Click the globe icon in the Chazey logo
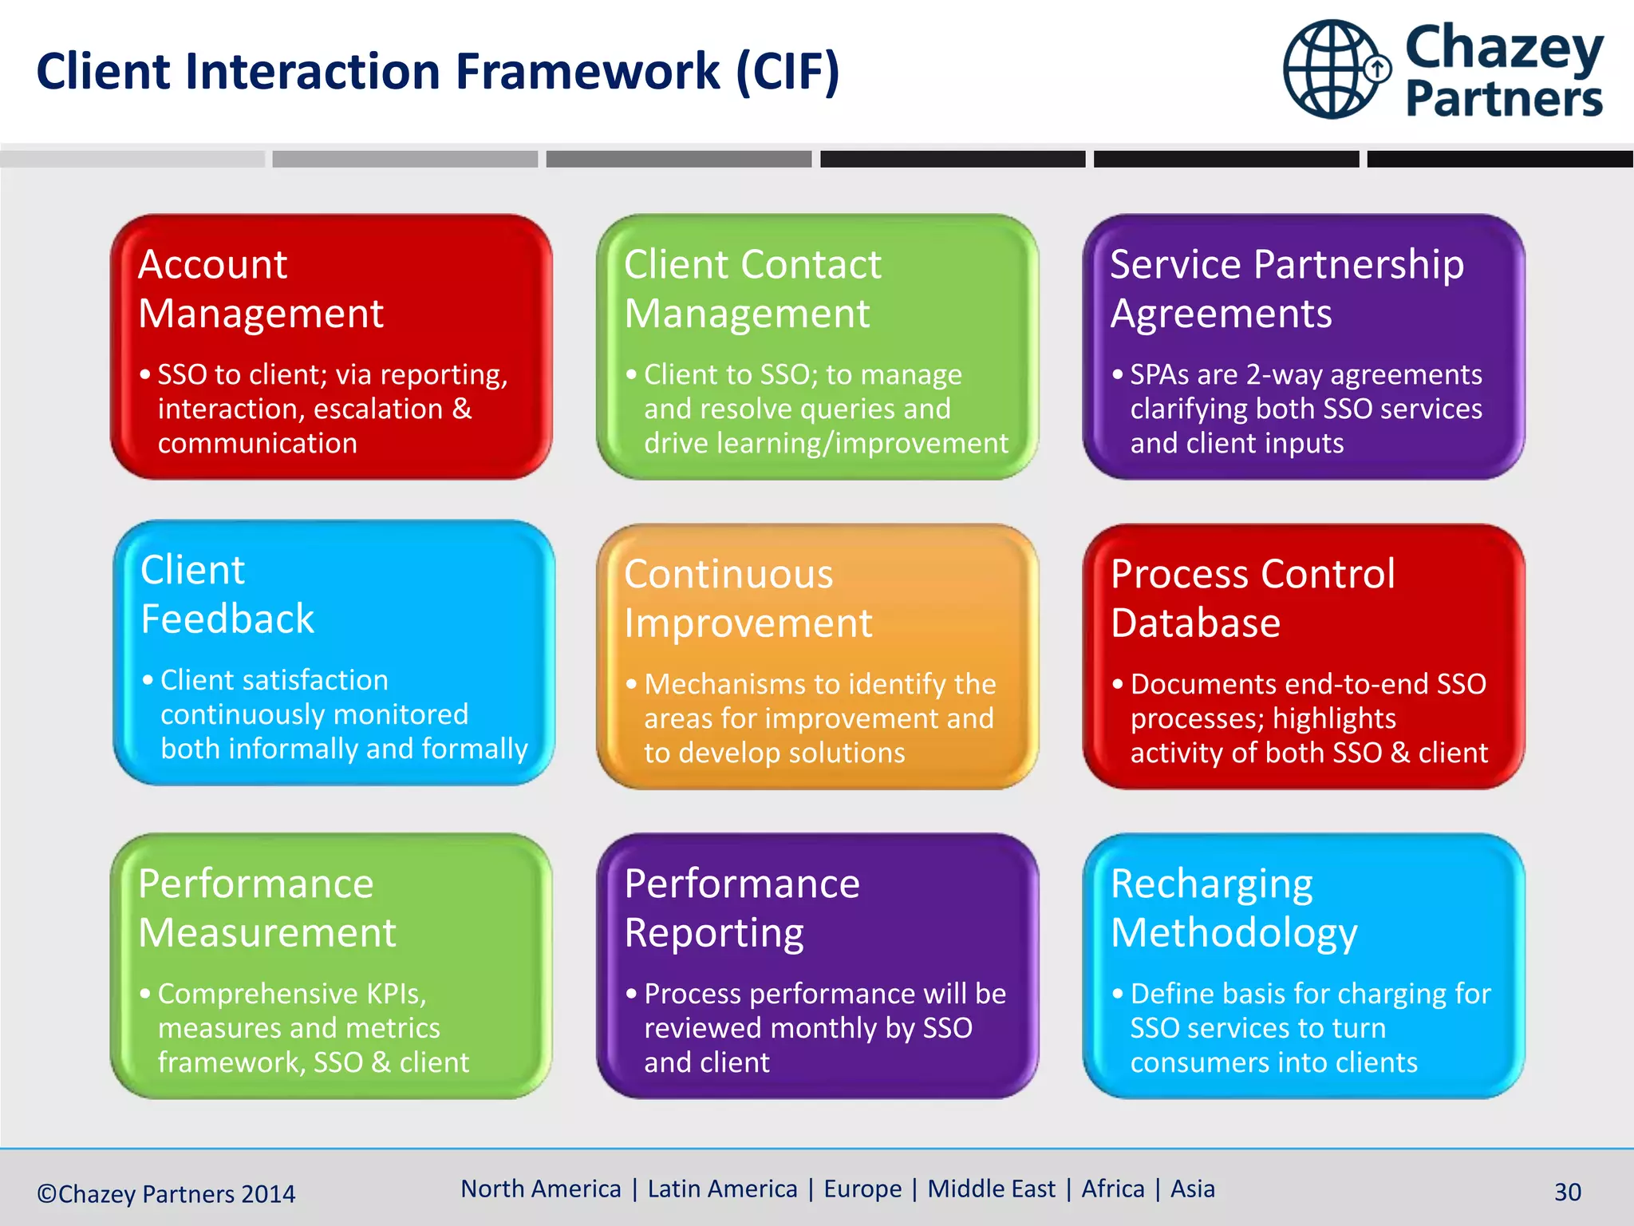click(1334, 70)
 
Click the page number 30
click(1567, 1192)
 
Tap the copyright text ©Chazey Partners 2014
click(166, 1193)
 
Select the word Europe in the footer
click(862, 1188)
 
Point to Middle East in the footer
click(991, 1188)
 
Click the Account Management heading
click(260, 288)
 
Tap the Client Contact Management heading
click(752, 288)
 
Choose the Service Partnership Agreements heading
click(1286, 288)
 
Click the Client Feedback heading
click(227, 594)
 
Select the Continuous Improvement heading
click(748, 598)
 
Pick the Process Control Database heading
click(1253, 598)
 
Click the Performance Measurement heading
click(266, 908)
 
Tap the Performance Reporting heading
click(742, 908)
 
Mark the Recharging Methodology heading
click(1233, 908)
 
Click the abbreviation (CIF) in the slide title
click(787, 72)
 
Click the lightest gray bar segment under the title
click(132, 159)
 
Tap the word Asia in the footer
click(1192, 1188)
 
